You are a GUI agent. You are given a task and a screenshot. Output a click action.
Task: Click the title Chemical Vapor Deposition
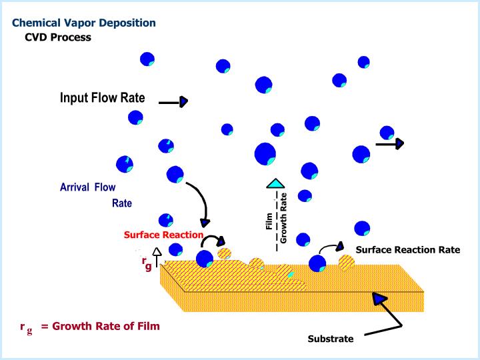point(84,23)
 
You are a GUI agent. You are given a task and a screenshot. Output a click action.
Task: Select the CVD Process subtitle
point(58,37)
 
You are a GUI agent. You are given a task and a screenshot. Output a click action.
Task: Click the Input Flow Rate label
point(102,98)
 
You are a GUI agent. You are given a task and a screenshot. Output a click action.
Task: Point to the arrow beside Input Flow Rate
point(173,102)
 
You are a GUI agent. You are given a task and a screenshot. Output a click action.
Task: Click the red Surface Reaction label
point(163,235)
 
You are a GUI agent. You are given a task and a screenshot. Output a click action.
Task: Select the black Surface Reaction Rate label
point(408,250)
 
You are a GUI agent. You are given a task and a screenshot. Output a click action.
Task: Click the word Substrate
point(331,339)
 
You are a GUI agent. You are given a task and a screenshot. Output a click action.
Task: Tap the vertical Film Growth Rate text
point(276,220)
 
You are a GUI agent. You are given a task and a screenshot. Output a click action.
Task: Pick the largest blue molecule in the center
point(265,154)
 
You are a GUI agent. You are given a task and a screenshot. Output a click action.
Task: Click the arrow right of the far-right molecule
point(390,143)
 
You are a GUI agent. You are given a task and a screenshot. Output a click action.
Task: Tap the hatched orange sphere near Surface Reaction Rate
point(346,262)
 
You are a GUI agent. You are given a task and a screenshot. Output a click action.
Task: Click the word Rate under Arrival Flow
point(122,203)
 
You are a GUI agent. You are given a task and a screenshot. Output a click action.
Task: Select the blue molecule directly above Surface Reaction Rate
point(362,229)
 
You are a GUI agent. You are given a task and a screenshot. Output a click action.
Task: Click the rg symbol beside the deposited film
point(146,264)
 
